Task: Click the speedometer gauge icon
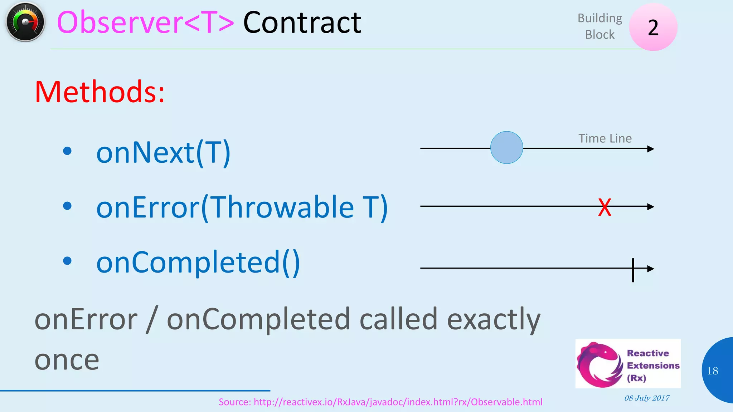coord(25,22)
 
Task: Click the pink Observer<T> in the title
coord(145,23)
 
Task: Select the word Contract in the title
coord(302,23)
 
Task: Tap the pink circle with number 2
coord(653,27)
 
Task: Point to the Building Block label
coord(600,26)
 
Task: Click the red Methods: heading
coord(99,92)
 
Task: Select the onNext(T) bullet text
coord(163,153)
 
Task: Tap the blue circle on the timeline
coord(506,148)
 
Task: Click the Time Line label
coord(605,138)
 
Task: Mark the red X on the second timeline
coord(605,207)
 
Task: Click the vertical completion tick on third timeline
coord(633,270)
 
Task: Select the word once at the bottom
coord(67,360)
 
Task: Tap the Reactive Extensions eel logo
coord(600,364)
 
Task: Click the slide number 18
coord(712,371)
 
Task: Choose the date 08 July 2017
coord(647,398)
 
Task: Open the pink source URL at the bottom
coord(380,402)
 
